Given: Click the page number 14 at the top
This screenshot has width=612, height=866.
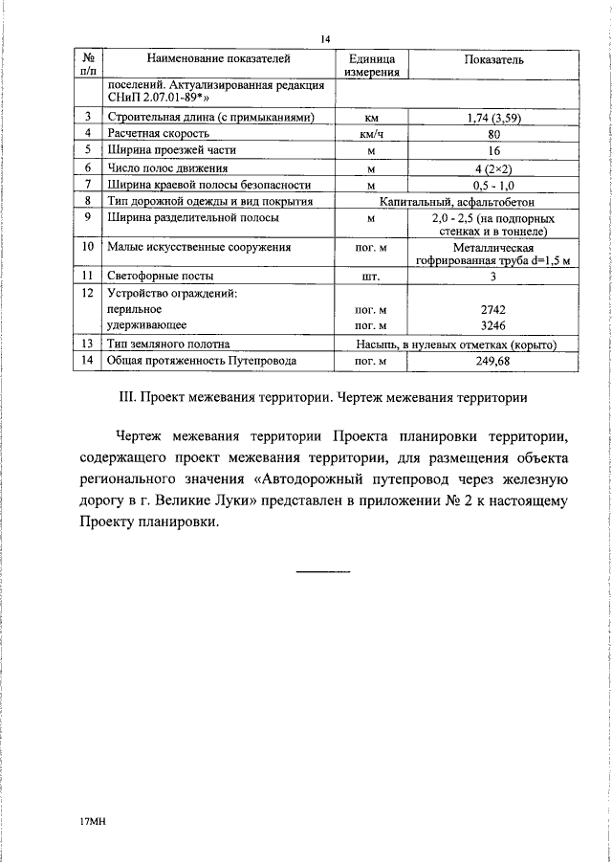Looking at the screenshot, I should coord(325,39).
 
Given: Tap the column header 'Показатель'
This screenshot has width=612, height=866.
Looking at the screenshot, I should coord(493,58).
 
